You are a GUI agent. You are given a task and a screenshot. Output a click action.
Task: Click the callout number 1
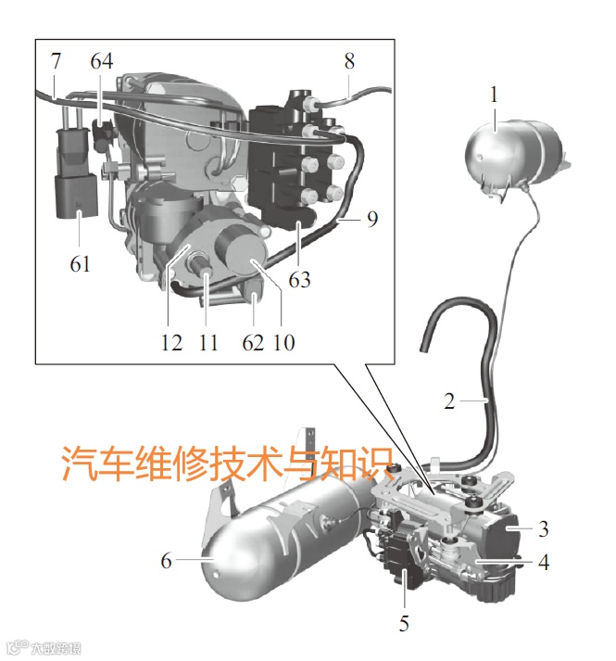coord(495,94)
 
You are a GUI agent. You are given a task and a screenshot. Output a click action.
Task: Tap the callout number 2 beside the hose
coord(449,402)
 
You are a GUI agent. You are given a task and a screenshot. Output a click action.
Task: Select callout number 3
coord(544,529)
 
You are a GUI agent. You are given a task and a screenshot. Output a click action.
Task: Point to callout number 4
coord(544,562)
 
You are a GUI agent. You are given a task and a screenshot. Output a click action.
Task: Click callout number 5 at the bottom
coord(404,623)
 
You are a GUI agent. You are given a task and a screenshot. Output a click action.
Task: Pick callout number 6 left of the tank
coord(166,561)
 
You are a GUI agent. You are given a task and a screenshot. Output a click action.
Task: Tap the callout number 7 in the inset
coord(56,62)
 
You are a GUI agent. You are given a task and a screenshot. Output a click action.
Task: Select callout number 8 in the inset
coord(349,62)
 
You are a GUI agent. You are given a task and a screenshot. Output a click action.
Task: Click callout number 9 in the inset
coord(372,221)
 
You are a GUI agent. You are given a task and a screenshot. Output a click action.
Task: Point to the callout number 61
coord(81,264)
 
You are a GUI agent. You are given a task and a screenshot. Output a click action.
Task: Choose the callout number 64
coord(102,62)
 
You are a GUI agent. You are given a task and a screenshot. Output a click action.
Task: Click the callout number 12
coord(170,342)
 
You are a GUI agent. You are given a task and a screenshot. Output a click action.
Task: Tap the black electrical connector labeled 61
coord(73,185)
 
